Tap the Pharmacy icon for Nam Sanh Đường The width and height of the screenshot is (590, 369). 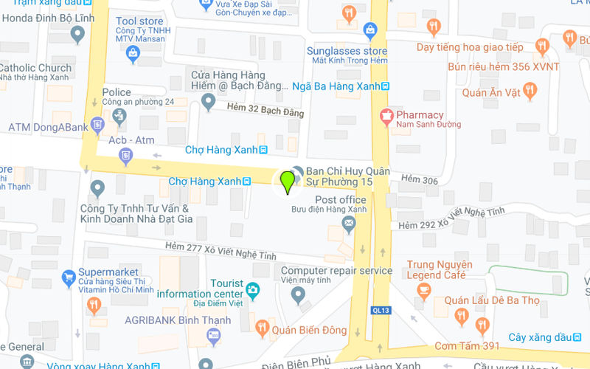pyautogui.click(x=385, y=115)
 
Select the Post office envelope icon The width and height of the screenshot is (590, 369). pyautogui.click(x=349, y=227)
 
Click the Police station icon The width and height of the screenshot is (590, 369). pyautogui.click(x=119, y=115)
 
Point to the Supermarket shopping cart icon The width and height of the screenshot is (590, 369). pyautogui.click(x=69, y=278)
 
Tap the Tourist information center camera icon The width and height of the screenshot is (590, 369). pyautogui.click(x=254, y=289)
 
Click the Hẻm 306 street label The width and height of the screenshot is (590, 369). pyautogui.click(x=420, y=180)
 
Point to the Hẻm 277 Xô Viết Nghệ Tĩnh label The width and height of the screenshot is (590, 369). pyautogui.click(x=221, y=251)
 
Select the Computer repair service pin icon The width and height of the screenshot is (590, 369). pyautogui.click(x=298, y=295)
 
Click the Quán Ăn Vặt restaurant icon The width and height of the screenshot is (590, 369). pyautogui.click(x=530, y=90)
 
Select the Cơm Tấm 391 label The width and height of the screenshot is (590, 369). pyautogui.click(x=467, y=345)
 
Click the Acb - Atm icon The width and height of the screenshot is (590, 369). pyautogui.click(x=126, y=155)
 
